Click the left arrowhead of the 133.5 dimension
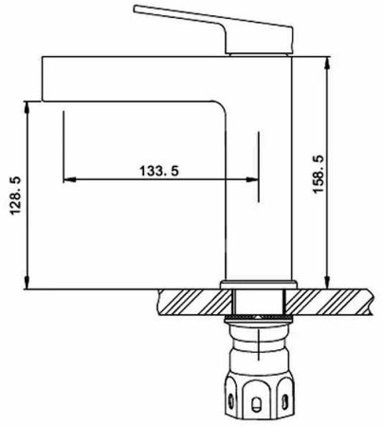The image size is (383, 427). (66, 179)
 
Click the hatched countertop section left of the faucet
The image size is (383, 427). (190, 302)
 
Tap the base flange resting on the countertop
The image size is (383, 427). (259, 285)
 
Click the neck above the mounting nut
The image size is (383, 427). (259, 346)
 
